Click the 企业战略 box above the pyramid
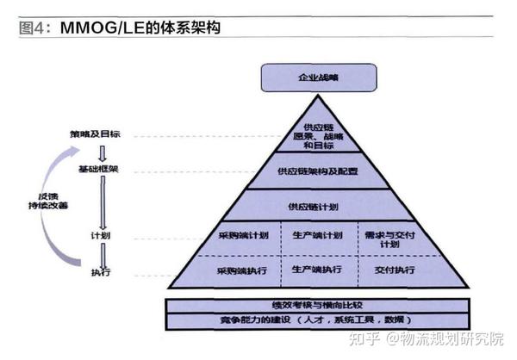tap(318, 77)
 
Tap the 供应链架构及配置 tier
tap(318, 171)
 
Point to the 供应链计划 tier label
tap(318, 208)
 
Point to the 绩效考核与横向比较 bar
tap(318, 305)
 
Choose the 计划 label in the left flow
tap(101, 235)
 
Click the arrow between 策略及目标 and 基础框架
tap(102, 152)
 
